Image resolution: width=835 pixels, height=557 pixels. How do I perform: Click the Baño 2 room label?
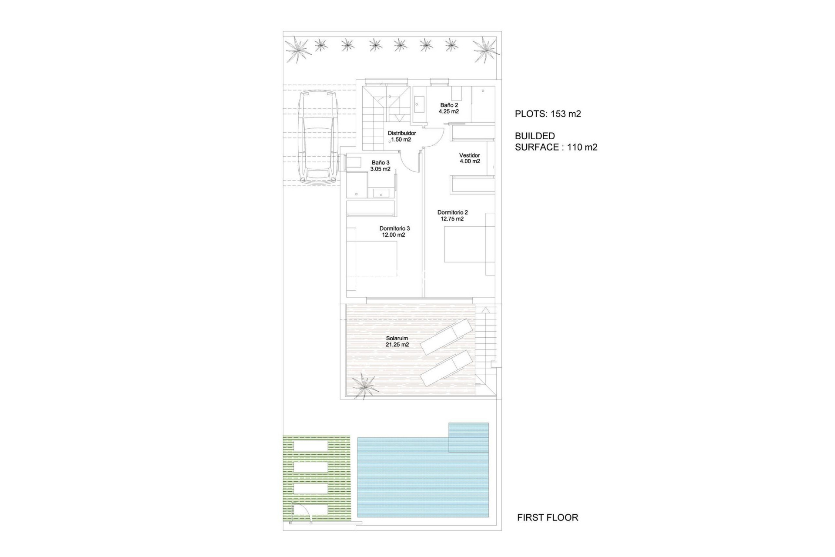click(x=449, y=105)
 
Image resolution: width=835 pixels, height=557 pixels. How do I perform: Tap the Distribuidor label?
click(x=401, y=133)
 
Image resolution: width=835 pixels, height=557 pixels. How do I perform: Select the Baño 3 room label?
click(x=381, y=163)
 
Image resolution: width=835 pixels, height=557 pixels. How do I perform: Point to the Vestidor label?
click(x=470, y=155)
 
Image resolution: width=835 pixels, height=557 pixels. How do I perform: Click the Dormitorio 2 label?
click(x=452, y=212)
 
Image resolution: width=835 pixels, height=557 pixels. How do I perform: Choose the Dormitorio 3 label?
click(x=394, y=228)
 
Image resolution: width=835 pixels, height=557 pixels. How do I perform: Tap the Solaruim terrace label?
click(x=397, y=338)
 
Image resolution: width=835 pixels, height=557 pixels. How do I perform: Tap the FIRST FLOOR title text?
click(x=548, y=517)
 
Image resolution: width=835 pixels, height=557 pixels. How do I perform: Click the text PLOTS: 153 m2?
click(x=548, y=114)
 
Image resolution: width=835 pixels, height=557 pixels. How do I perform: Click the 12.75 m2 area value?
click(x=452, y=219)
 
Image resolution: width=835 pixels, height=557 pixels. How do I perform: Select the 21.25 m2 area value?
click(x=397, y=345)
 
